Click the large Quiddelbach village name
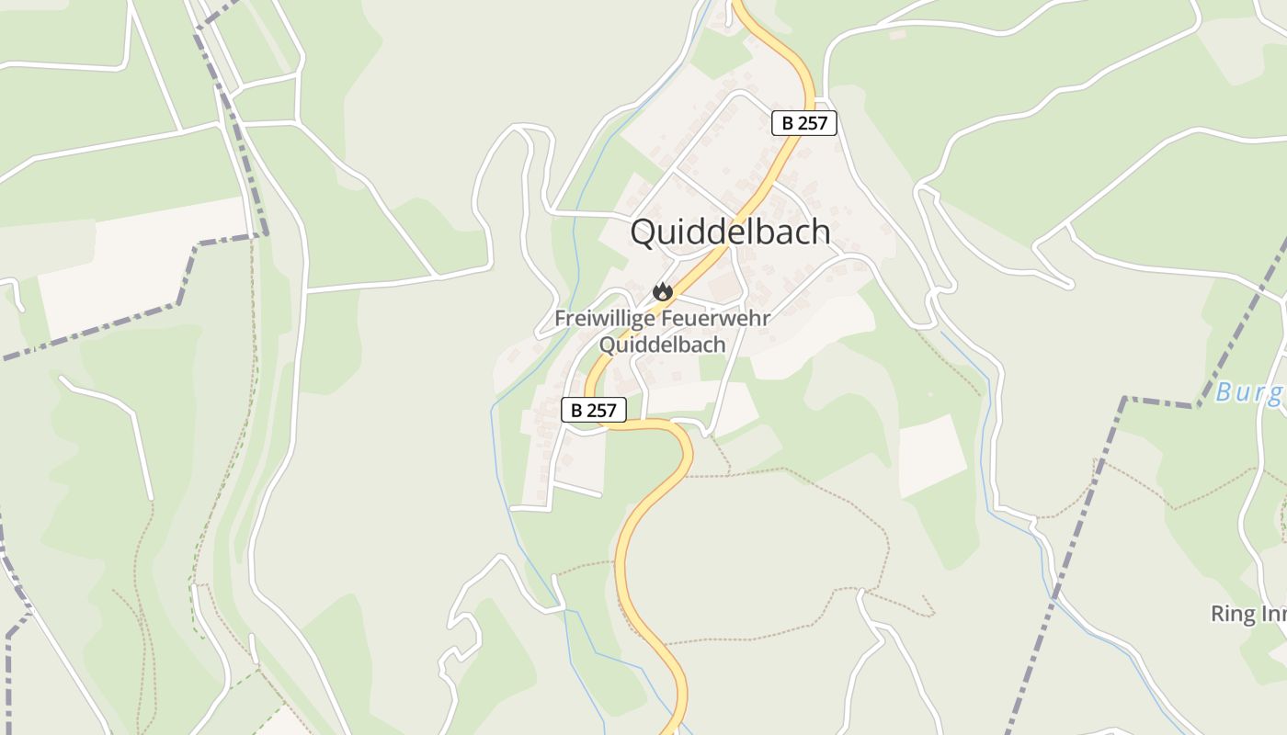pos(730,232)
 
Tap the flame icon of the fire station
pos(662,293)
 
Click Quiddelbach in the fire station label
pos(662,345)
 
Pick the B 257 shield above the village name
pos(804,123)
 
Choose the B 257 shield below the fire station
pos(594,410)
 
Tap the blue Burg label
pos(1250,393)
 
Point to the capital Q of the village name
pos(644,232)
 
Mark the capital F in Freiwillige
pos(560,320)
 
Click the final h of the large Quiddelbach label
pos(821,232)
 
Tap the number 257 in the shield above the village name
pos(812,123)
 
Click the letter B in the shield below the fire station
pos(576,410)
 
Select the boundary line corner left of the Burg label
pos(1123,399)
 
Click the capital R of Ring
pos(1217,614)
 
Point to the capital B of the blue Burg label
pos(1224,393)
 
